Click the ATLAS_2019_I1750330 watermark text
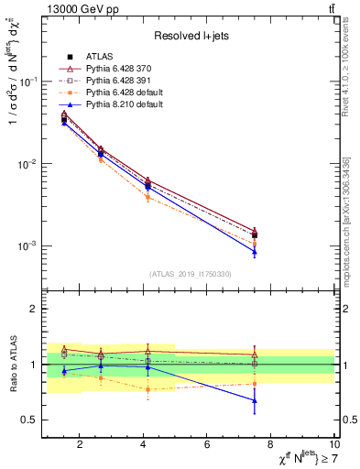tap(191, 274)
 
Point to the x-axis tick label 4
tap(144, 445)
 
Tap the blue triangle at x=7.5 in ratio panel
tap(255, 400)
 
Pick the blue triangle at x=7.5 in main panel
tap(255, 252)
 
